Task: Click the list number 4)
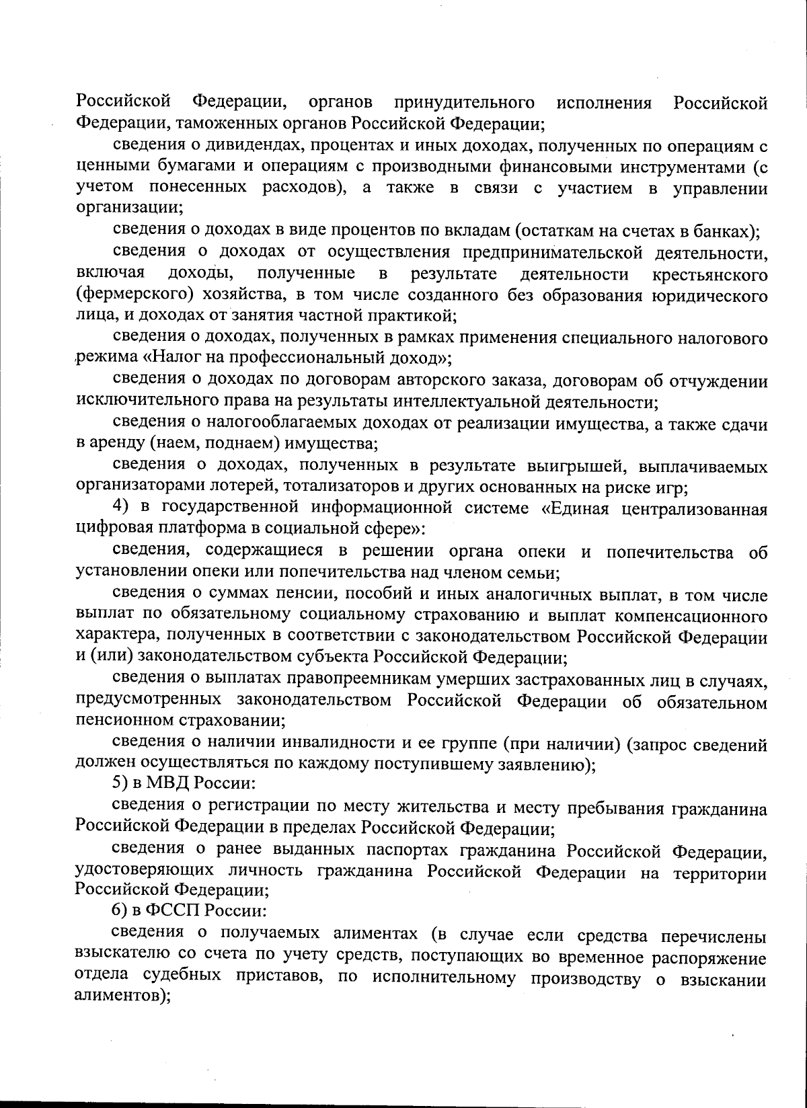120,508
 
